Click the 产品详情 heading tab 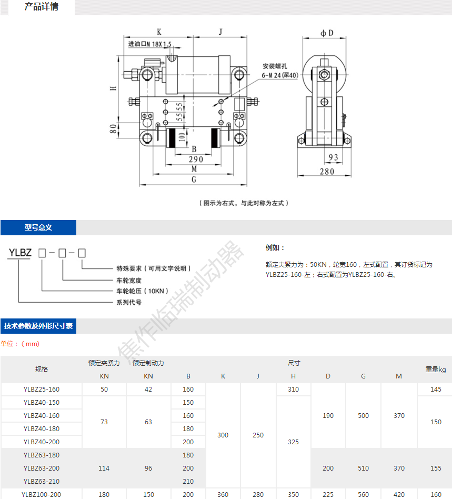coord(42,7)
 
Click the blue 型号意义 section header coord(38,228)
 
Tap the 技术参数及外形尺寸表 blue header coord(38,326)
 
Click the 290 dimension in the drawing coord(196,159)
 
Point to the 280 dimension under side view coord(327,172)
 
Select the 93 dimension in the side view coord(333,157)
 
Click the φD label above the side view coord(327,33)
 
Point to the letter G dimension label coord(194,179)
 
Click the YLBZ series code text coord(20,252)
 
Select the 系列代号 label coord(129,302)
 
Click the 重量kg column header coord(435,370)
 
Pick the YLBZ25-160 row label coord(42,390)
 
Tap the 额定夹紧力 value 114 coord(104,468)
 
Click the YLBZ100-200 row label coord(42,494)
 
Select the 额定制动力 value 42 coord(148,390)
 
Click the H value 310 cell coord(293,390)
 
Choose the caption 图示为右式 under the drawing coord(244,203)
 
